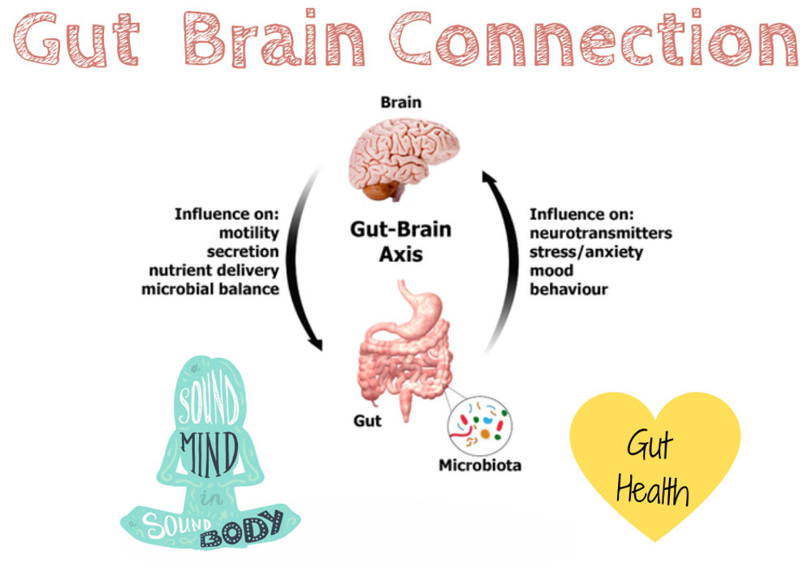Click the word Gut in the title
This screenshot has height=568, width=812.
click(76, 40)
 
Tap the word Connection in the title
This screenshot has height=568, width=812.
click(594, 39)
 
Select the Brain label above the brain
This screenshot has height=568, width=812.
click(401, 102)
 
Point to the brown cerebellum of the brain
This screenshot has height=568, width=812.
click(381, 190)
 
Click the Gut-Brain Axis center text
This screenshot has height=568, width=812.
click(401, 242)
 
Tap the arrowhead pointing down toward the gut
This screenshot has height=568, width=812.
click(315, 343)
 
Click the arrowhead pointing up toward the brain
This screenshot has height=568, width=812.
click(488, 178)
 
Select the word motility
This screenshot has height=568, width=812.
click(249, 233)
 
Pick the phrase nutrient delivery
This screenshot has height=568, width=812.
click(214, 270)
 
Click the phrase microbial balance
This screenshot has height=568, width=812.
click(210, 289)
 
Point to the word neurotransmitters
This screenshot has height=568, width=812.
click(601, 233)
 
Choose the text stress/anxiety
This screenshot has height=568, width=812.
click(586, 252)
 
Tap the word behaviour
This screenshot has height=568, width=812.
click(568, 289)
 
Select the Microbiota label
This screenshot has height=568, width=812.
click(480, 465)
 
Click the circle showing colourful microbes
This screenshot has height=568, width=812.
click(480, 426)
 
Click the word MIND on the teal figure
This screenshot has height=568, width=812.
click(209, 454)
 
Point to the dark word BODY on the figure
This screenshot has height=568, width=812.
click(241, 529)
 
